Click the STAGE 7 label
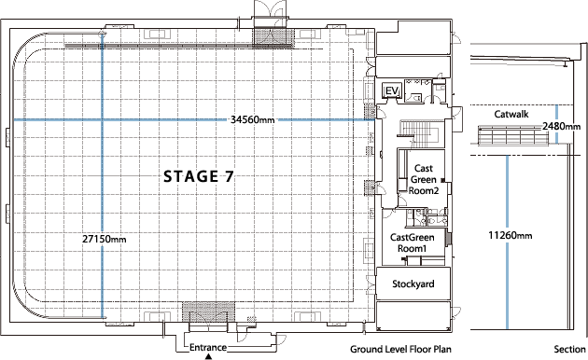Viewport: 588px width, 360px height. (x=198, y=175)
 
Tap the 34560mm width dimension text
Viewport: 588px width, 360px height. (x=253, y=119)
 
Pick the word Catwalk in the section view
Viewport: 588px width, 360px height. (x=511, y=114)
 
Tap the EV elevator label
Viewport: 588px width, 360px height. (x=392, y=90)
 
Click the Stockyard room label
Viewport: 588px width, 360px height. (x=413, y=283)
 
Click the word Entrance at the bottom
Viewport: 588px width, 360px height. (x=209, y=347)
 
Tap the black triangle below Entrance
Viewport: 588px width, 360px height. (x=209, y=356)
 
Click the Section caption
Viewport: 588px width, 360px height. (x=568, y=350)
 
